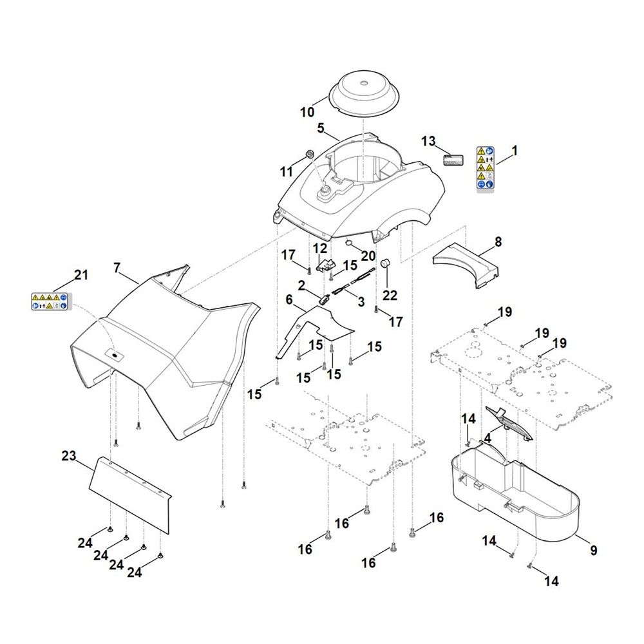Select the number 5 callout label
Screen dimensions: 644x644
coord(321,128)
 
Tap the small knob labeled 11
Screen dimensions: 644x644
coord(309,155)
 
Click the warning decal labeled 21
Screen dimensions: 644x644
coord(50,301)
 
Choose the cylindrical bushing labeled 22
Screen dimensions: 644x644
coord(387,265)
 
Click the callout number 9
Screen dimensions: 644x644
coord(594,551)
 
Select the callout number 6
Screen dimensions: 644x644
coord(289,299)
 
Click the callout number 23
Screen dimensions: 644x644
coord(69,457)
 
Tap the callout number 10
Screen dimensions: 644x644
coord(307,112)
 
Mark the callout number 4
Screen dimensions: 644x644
coord(488,437)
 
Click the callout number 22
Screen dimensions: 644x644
coord(390,294)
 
